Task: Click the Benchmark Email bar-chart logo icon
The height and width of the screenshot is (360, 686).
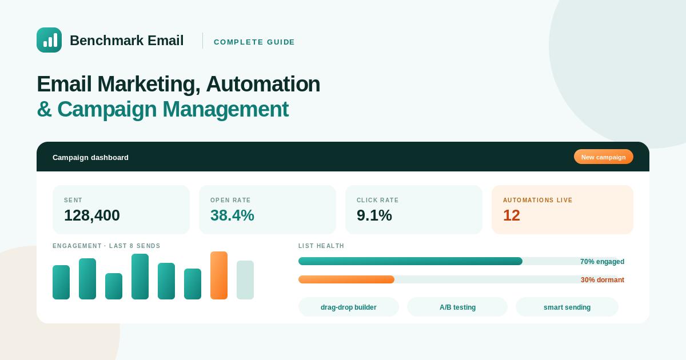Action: [x=49, y=40]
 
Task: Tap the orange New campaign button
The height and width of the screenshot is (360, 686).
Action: [x=603, y=157]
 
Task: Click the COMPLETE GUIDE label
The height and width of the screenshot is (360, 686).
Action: [x=254, y=42]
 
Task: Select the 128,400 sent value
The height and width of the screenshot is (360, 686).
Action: [x=92, y=215]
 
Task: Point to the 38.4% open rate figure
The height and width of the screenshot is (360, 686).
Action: [x=232, y=215]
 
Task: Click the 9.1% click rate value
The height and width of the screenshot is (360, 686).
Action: [x=374, y=215]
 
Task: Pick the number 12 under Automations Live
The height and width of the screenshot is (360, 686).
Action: [x=512, y=215]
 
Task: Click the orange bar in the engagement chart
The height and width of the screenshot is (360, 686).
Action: [x=219, y=275]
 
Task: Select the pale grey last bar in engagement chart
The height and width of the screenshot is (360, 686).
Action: [x=245, y=280]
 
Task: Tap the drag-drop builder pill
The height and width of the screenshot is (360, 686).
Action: [x=349, y=307]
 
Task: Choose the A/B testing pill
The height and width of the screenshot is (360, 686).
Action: [x=457, y=307]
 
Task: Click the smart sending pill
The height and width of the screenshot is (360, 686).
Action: [x=567, y=307]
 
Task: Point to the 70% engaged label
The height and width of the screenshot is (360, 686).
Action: [x=602, y=262]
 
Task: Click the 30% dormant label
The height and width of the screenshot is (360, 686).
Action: [x=603, y=280]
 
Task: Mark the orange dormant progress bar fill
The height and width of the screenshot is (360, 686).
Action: [x=346, y=279]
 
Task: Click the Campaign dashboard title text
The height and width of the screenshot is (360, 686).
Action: [x=90, y=157]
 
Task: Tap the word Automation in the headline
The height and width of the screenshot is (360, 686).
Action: [x=263, y=84]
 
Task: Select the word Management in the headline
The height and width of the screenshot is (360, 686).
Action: [x=225, y=109]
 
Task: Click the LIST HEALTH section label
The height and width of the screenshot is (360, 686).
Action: [x=321, y=246]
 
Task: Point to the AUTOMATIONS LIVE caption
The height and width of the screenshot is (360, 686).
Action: [x=537, y=200]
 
